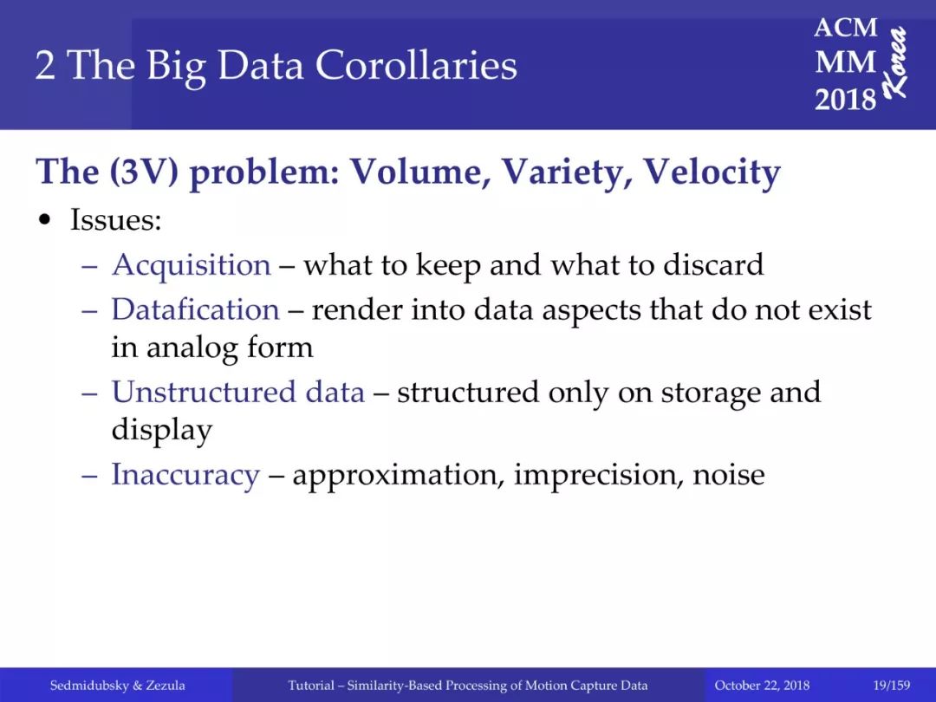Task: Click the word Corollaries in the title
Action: coord(416,65)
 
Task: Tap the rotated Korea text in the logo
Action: coord(895,62)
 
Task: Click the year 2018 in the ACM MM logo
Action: coord(845,99)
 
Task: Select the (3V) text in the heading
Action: coord(144,172)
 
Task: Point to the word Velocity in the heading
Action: coord(712,172)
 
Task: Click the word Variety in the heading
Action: coord(567,172)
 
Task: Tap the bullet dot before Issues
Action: coord(44,220)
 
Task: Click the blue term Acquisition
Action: coord(191,265)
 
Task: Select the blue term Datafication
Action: coord(195,309)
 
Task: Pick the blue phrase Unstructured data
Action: coord(238,393)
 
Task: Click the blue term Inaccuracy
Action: coord(185,475)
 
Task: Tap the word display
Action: coord(162,431)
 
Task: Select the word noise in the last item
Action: coord(728,476)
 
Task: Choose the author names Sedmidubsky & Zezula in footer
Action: coord(118,686)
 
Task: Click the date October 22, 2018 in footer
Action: coord(762,686)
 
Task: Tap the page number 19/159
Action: coord(891,686)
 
